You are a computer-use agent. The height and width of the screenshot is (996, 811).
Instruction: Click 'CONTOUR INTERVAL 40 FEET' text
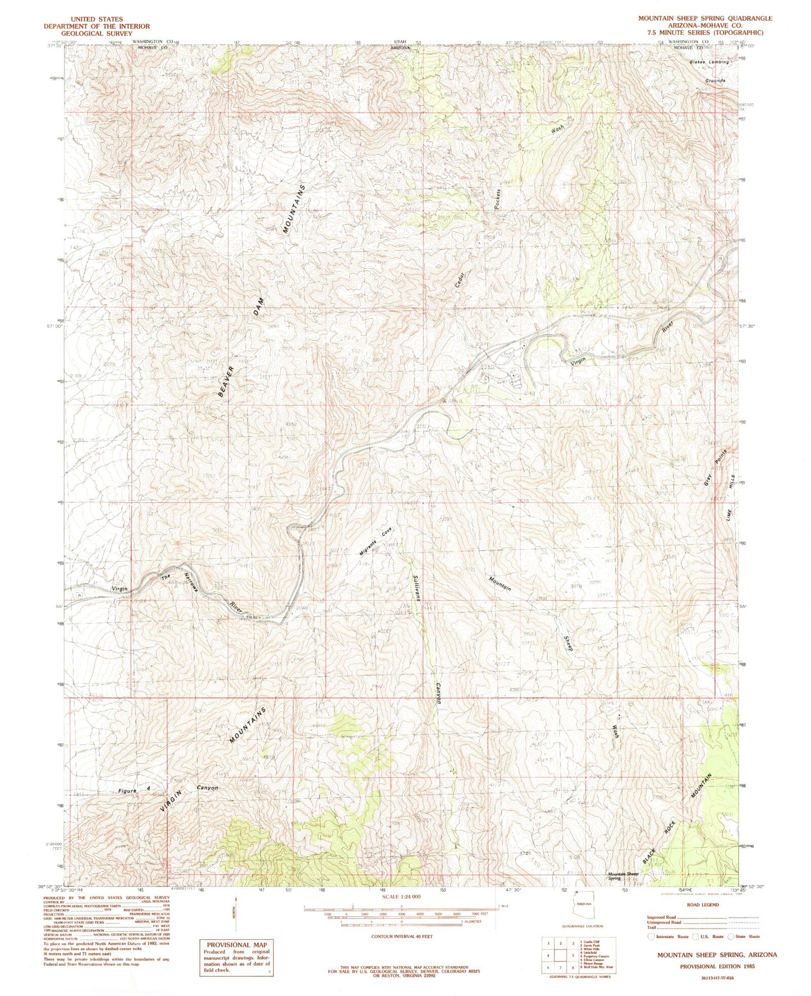tap(401, 937)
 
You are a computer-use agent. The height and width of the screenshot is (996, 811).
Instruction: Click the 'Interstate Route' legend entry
tap(669, 936)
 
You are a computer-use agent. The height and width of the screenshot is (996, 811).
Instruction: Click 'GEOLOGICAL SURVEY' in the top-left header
tap(99, 34)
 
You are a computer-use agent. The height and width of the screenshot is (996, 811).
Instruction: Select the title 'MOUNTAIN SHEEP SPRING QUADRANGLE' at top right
tap(704, 18)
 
